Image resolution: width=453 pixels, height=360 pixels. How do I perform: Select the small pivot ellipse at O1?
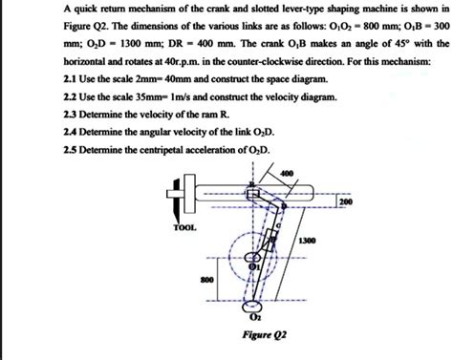[253, 258]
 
